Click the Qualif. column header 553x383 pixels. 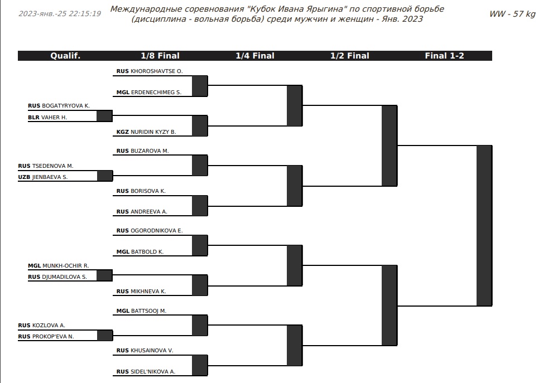point(65,56)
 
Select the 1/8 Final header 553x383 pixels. point(160,56)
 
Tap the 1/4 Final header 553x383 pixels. point(255,56)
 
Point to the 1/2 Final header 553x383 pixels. point(350,56)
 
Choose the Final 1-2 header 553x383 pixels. point(444,56)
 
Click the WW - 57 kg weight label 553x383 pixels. point(512,14)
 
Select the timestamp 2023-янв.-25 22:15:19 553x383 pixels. point(60,14)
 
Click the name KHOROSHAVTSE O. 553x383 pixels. point(157,71)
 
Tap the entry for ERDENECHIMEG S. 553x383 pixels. point(156,93)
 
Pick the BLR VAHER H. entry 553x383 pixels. point(47,118)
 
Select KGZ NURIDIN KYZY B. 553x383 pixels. point(146,132)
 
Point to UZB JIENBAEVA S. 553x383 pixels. point(42,177)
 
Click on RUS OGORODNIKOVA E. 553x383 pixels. point(150,231)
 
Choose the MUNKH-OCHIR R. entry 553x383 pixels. point(66,266)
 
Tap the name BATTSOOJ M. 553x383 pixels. point(148,311)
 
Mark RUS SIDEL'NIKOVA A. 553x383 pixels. point(146,372)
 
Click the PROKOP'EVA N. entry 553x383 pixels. point(53,337)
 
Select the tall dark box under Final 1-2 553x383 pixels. point(484,225)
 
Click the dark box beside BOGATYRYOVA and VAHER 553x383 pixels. point(104,116)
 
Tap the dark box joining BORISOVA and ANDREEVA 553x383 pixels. point(200,206)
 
